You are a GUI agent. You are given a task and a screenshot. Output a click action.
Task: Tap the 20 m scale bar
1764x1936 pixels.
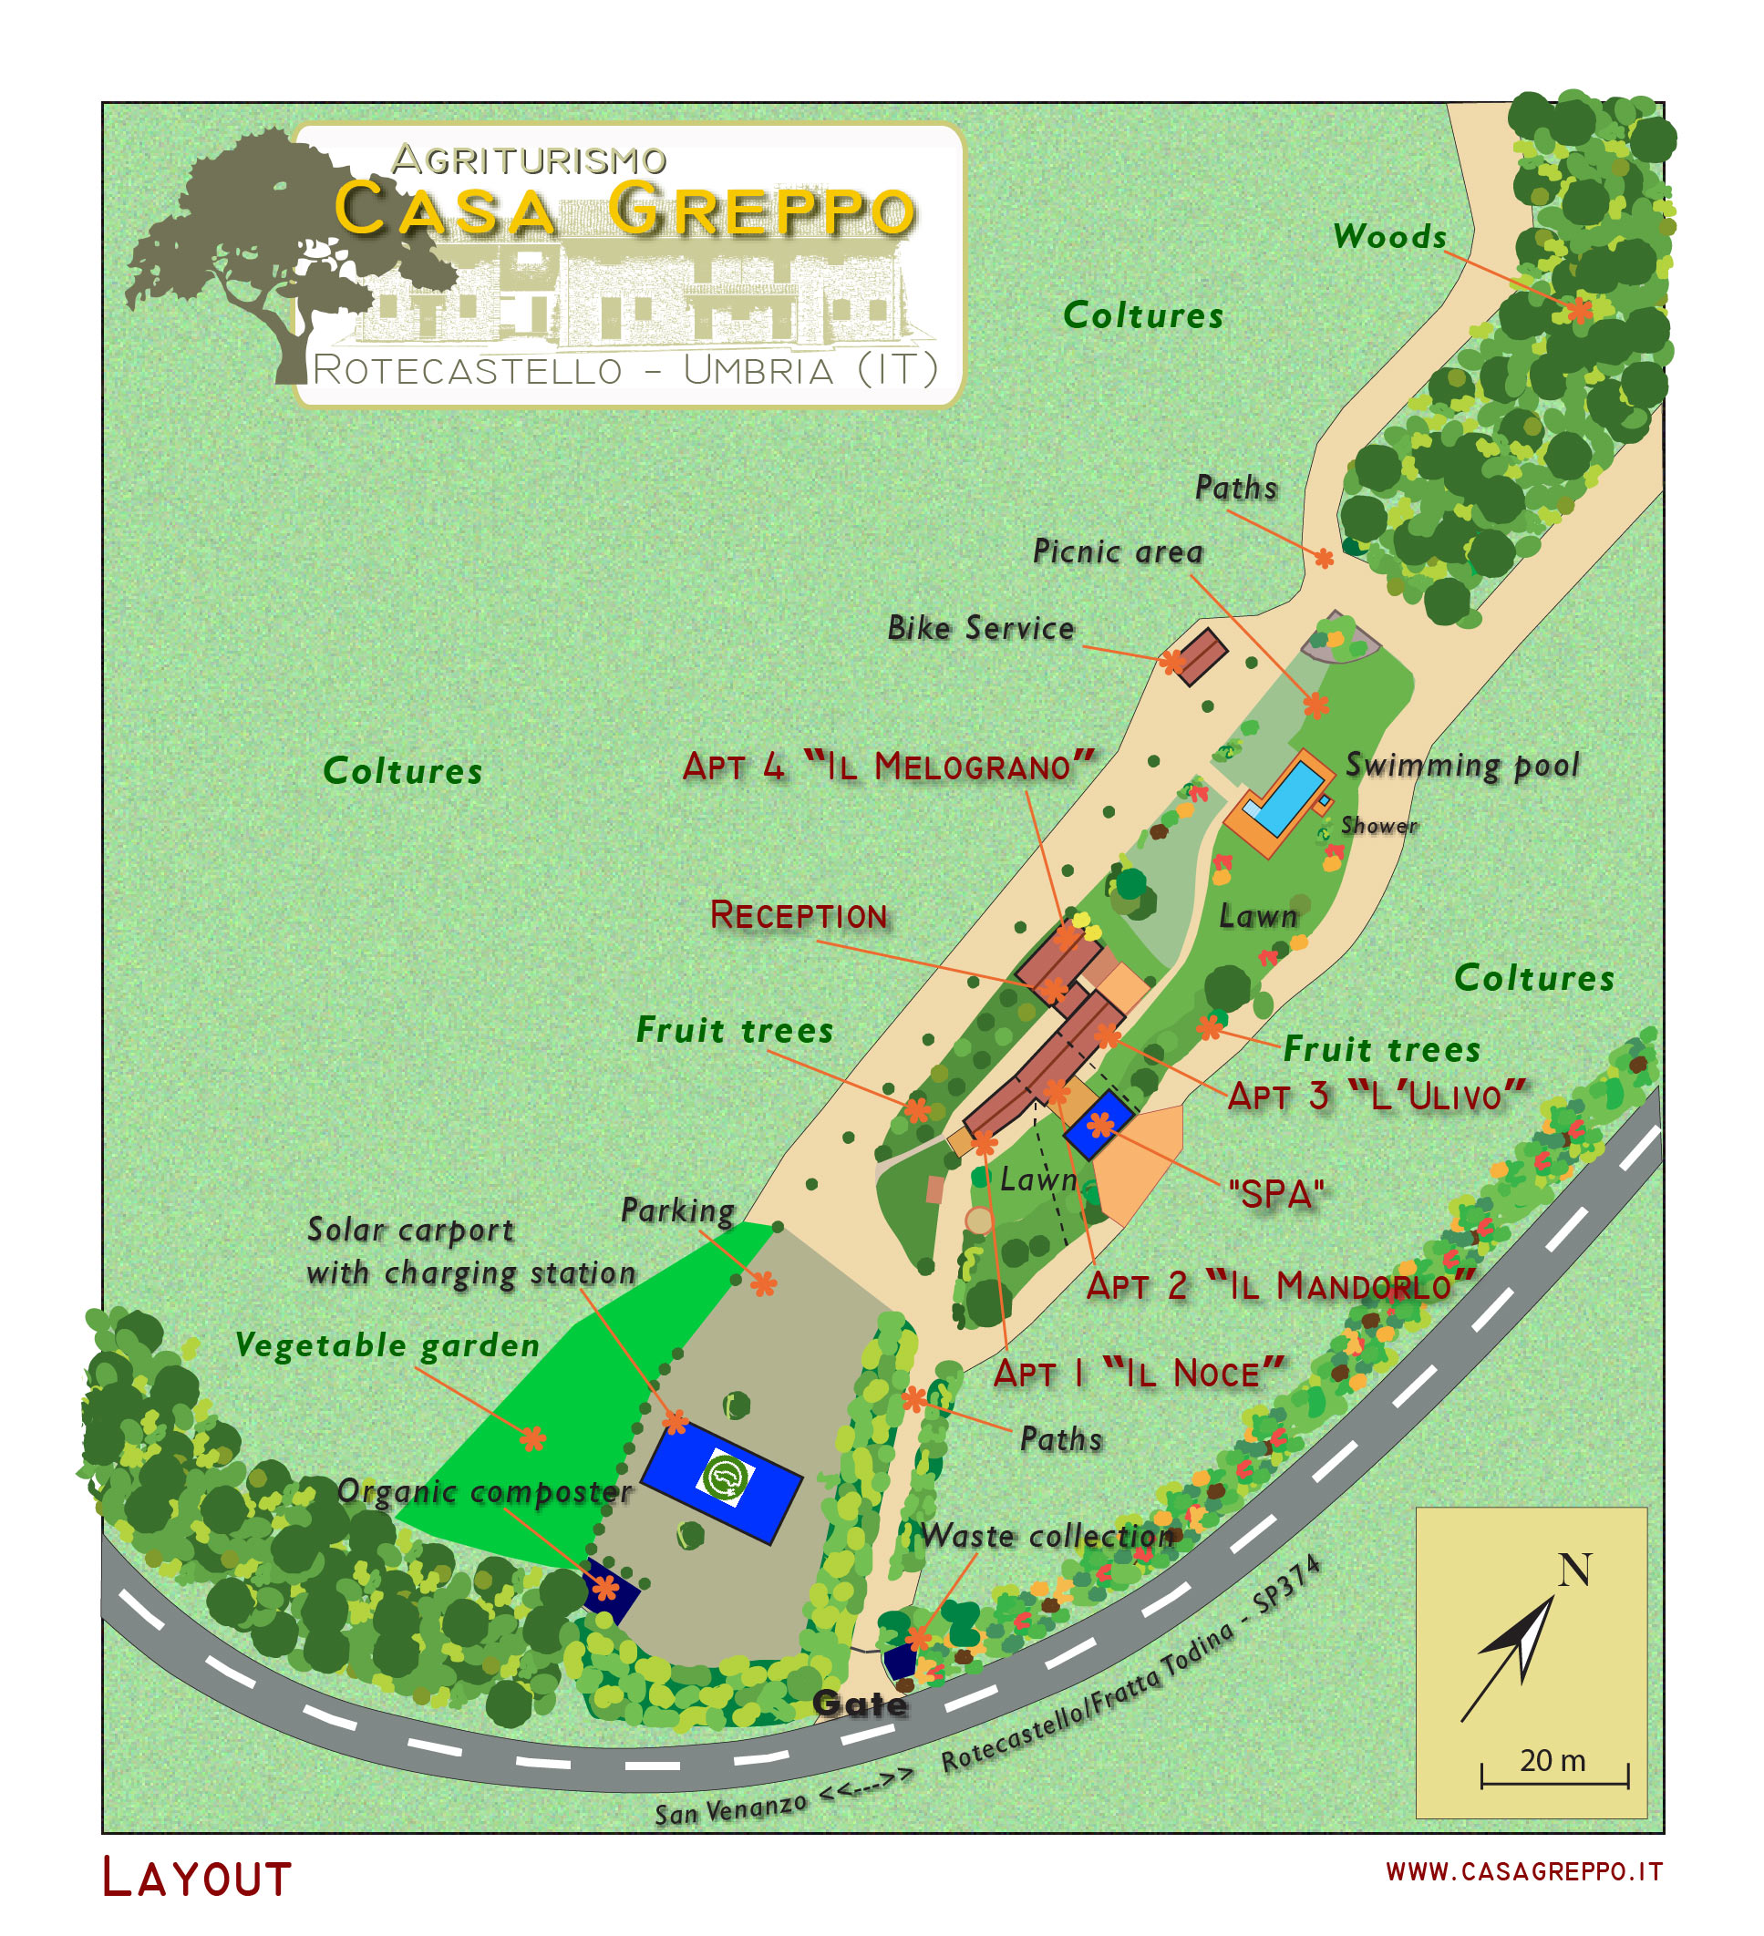(x=1553, y=1777)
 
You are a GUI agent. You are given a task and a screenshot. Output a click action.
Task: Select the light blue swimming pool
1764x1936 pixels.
(x=1286, y=796)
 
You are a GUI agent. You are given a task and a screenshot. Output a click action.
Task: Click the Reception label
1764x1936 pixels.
(x=798, y=915)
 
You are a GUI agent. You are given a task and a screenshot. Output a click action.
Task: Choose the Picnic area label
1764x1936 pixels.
(x=1117, y=551)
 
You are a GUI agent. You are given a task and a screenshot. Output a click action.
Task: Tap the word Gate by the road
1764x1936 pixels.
(x=860, y=1704)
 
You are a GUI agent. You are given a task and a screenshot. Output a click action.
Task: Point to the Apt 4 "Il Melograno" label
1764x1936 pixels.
(x=887, y=767)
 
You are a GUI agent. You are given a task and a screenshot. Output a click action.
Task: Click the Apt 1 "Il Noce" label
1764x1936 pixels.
(x=1138, y=1374)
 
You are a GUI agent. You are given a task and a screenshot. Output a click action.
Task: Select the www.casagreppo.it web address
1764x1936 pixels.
(x=1523, y=1871)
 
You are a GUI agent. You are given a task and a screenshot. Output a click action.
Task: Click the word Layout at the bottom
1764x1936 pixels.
(x=196, y=1879)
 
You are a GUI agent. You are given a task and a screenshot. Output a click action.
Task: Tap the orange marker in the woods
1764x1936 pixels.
(x=1580, y=310)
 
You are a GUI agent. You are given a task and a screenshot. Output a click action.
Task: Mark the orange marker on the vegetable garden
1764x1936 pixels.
(x=533, y=1437)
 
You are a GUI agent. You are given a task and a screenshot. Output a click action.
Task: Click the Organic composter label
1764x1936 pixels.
(x=484, y=1491)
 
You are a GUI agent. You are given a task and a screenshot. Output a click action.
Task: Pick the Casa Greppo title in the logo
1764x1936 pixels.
(x=624, y=209)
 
